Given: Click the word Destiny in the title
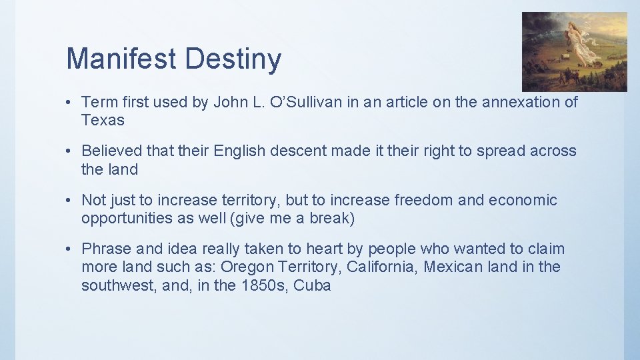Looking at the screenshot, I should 233,60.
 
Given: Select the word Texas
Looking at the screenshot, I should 103,120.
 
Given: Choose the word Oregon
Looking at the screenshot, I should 248,267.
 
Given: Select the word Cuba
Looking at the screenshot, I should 312,285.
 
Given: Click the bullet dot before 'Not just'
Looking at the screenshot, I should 69,201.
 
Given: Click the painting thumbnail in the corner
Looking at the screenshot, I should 574,51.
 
